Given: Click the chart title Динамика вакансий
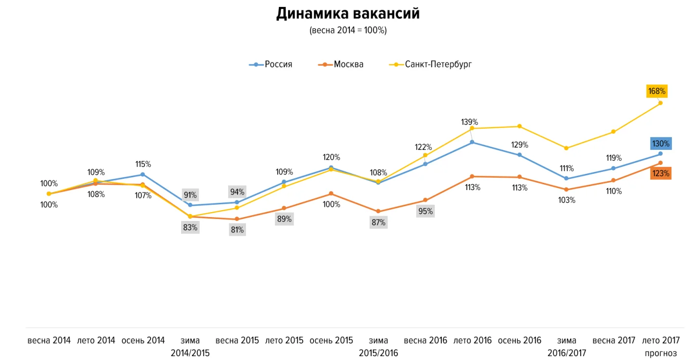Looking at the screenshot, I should coord(348,14).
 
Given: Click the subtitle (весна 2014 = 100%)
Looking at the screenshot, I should coord(348,30).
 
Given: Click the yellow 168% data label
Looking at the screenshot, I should coord(657,91).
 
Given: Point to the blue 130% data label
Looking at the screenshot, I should coord(661,143).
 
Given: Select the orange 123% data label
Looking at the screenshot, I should coord(661,173).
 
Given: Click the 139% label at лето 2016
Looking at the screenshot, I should coord(469,122).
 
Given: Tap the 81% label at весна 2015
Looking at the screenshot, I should coord(237,229).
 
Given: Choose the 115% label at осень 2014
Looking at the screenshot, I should coord(143,164).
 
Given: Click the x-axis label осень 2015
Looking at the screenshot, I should coord(331,340).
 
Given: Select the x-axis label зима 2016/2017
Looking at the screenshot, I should coord(566,346).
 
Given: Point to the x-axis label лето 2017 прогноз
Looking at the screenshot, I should coord(660,346).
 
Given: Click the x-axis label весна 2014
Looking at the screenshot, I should coord(49,340).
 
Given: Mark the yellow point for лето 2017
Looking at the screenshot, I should coord(660,103).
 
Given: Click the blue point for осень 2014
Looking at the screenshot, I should coord(143,174).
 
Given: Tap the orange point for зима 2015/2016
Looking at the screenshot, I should coord(378,212).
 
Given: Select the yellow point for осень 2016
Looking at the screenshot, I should coord(519,126).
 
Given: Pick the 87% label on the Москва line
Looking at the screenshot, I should coord(378,222).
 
